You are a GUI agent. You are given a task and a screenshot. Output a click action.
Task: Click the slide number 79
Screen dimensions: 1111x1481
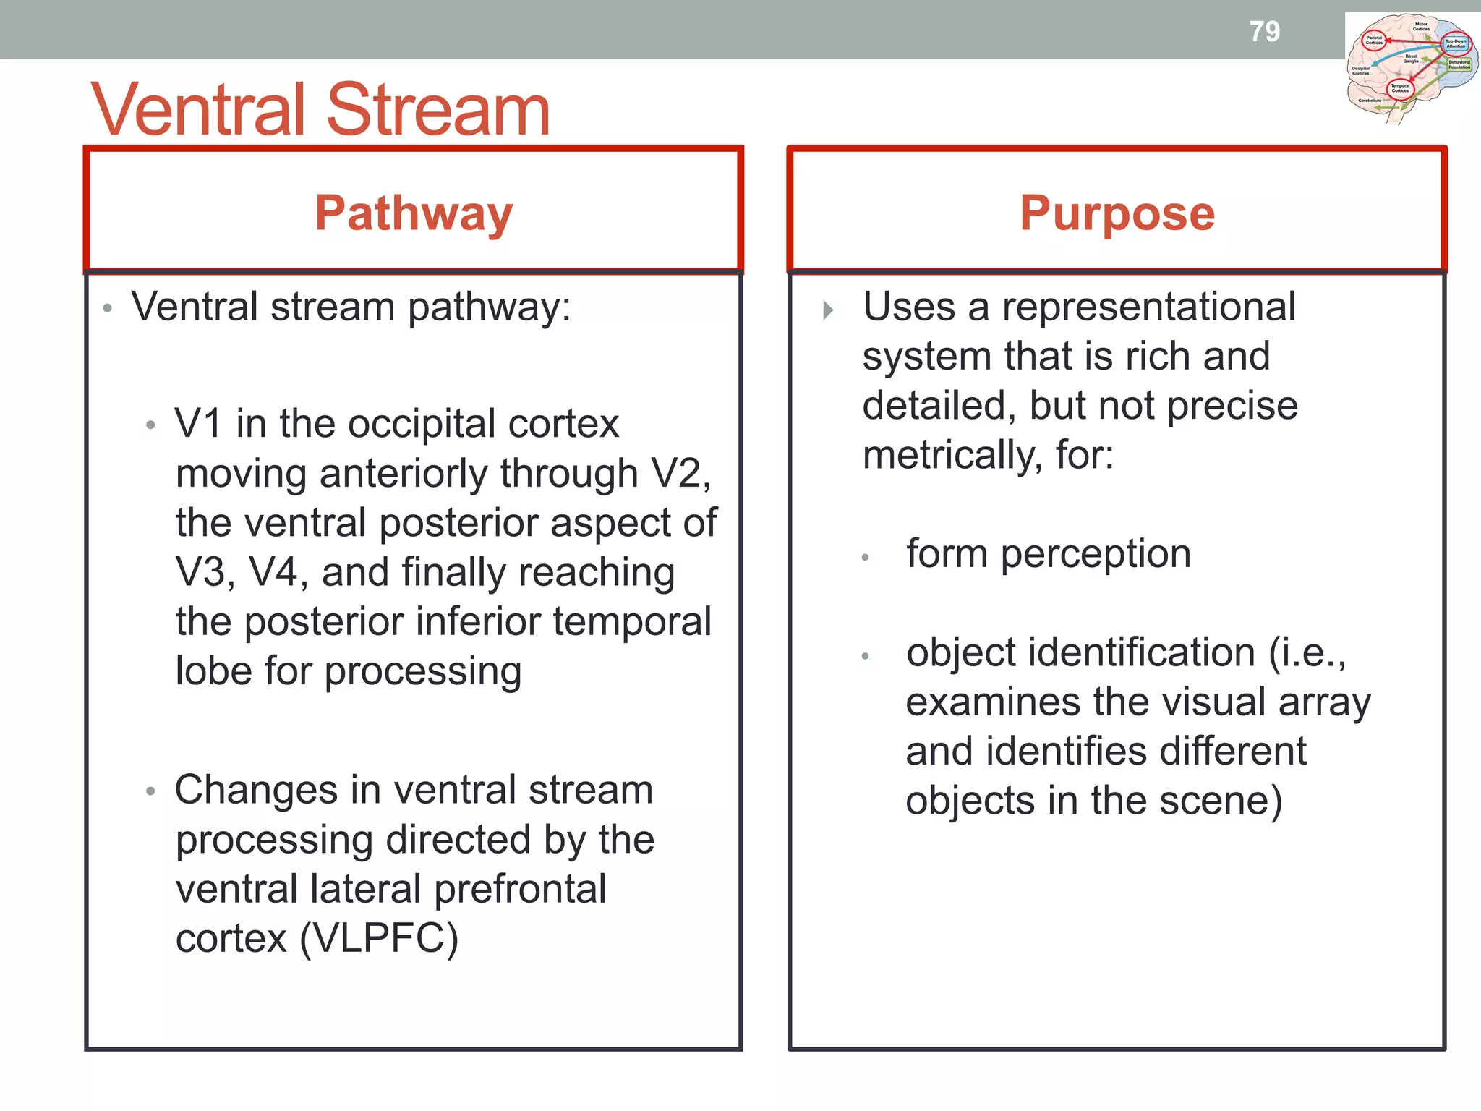click(1264, 31)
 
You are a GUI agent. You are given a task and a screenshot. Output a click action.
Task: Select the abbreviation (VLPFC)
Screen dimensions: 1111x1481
click(379, 939)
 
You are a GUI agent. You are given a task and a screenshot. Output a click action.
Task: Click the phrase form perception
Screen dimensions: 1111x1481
click(1048, 554)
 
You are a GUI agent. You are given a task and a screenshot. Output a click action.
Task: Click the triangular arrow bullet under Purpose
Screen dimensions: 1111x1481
click(828, 310)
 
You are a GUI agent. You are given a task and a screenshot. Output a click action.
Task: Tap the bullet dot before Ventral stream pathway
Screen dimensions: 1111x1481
click(108, 309)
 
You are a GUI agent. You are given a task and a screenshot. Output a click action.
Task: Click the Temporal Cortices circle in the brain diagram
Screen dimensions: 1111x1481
click(1400, 89)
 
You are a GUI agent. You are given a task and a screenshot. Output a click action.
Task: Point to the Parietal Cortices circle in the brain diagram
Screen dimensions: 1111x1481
click(1373, 41)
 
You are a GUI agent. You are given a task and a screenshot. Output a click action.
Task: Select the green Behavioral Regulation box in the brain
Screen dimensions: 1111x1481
click(1459, 64)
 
